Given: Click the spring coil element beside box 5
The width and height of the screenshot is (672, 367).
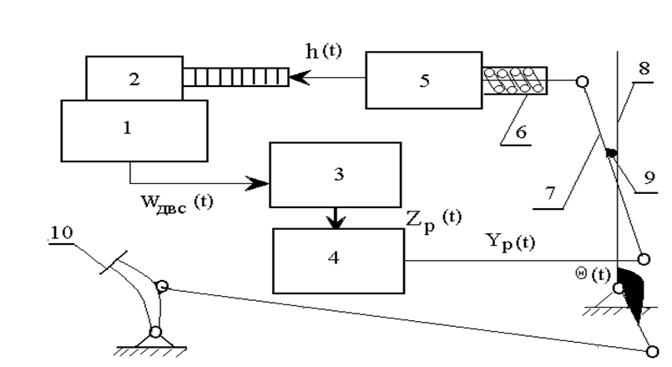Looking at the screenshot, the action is click(x=515, y=81).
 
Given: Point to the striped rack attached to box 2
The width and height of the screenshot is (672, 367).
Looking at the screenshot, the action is click(x=235, y=77).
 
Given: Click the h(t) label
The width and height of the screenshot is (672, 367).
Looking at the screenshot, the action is click(x=324, y=51).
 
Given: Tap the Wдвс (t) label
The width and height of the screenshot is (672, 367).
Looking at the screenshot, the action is click(x=177, y=202).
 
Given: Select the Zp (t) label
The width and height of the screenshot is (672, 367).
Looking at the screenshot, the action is click(x=434, y=220).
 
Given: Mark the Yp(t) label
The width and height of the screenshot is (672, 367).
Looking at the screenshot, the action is click(x=510, y=242).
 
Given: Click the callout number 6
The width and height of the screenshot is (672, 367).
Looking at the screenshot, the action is click(x=521, y=132).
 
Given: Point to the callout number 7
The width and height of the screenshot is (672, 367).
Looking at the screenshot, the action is click(x=551, y=193).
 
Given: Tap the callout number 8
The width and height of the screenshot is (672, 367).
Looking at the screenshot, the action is click(x=644, y=69).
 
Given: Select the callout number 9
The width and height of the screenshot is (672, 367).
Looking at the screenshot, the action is click(x=649, y=177).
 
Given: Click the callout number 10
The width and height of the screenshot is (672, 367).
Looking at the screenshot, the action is click(x=62, y=232).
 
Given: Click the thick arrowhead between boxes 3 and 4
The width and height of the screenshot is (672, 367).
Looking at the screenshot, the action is click(x=336, y=222).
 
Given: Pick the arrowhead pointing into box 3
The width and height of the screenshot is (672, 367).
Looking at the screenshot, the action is click(x=257, y=183).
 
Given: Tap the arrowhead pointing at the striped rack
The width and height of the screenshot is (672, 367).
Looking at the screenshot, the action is click(x=300, y=78).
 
